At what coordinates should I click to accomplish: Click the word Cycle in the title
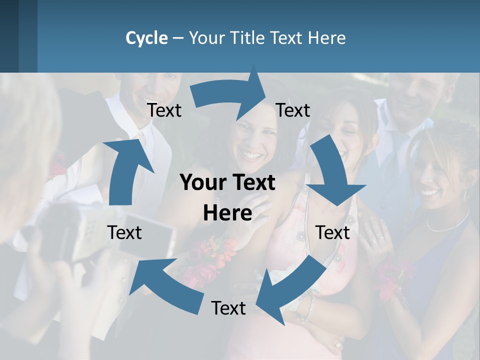[x=146, y=38]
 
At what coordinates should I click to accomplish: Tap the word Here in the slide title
[x=327, y=38]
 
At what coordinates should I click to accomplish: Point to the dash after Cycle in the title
[x=178, y=38]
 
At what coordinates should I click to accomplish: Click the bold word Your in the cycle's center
[x=200, y=183]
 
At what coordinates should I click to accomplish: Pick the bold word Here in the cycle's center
[x=227, y=213]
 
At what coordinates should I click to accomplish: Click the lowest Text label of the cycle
[x=228, y=308]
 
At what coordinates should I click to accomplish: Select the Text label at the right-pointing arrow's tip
[x=293, y=110]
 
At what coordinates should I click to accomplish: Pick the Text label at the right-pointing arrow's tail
[x=164, y=110]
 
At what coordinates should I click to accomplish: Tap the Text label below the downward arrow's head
[x=332, y=232]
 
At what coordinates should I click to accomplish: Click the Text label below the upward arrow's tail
[x=124, y=232]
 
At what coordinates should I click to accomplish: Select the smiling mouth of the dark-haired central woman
[x=253, y=155]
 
